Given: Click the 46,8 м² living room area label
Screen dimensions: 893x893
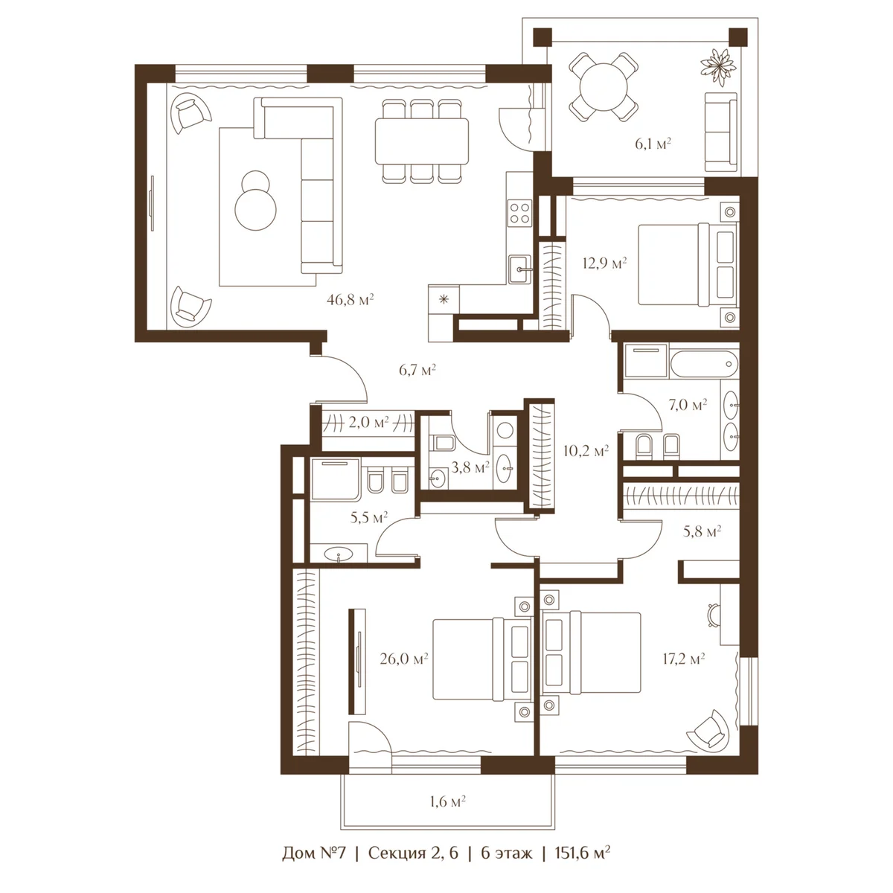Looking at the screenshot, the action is click(x=350, y=300).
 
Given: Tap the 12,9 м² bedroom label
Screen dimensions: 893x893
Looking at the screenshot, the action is click(x=604, y=263).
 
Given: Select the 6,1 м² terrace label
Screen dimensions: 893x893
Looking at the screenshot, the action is click(x=653, y=144).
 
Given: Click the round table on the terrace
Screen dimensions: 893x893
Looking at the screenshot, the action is click(x=604, y=87).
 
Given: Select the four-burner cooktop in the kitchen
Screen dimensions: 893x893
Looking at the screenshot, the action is click(x=520, y=214).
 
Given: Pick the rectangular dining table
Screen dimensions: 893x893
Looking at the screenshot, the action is click(x=421, y=141).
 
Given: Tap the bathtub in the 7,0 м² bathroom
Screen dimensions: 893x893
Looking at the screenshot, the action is click(x=703, y=364).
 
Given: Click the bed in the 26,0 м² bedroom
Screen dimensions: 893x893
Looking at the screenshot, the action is click(x=481, y=659).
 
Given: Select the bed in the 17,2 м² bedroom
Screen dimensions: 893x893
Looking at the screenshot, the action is click(x=592, y=652).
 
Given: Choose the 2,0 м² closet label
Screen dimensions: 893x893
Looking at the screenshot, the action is click(x=368, y=422).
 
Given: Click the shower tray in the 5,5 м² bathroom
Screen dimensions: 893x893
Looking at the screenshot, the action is click(x=335, y=479).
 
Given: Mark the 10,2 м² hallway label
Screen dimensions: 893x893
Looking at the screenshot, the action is click(x=586, y=450).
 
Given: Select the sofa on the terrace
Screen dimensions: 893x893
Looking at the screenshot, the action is click(x=720, y=132).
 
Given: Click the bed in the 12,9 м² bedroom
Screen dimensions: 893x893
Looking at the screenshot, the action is click(x=688, y=265).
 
